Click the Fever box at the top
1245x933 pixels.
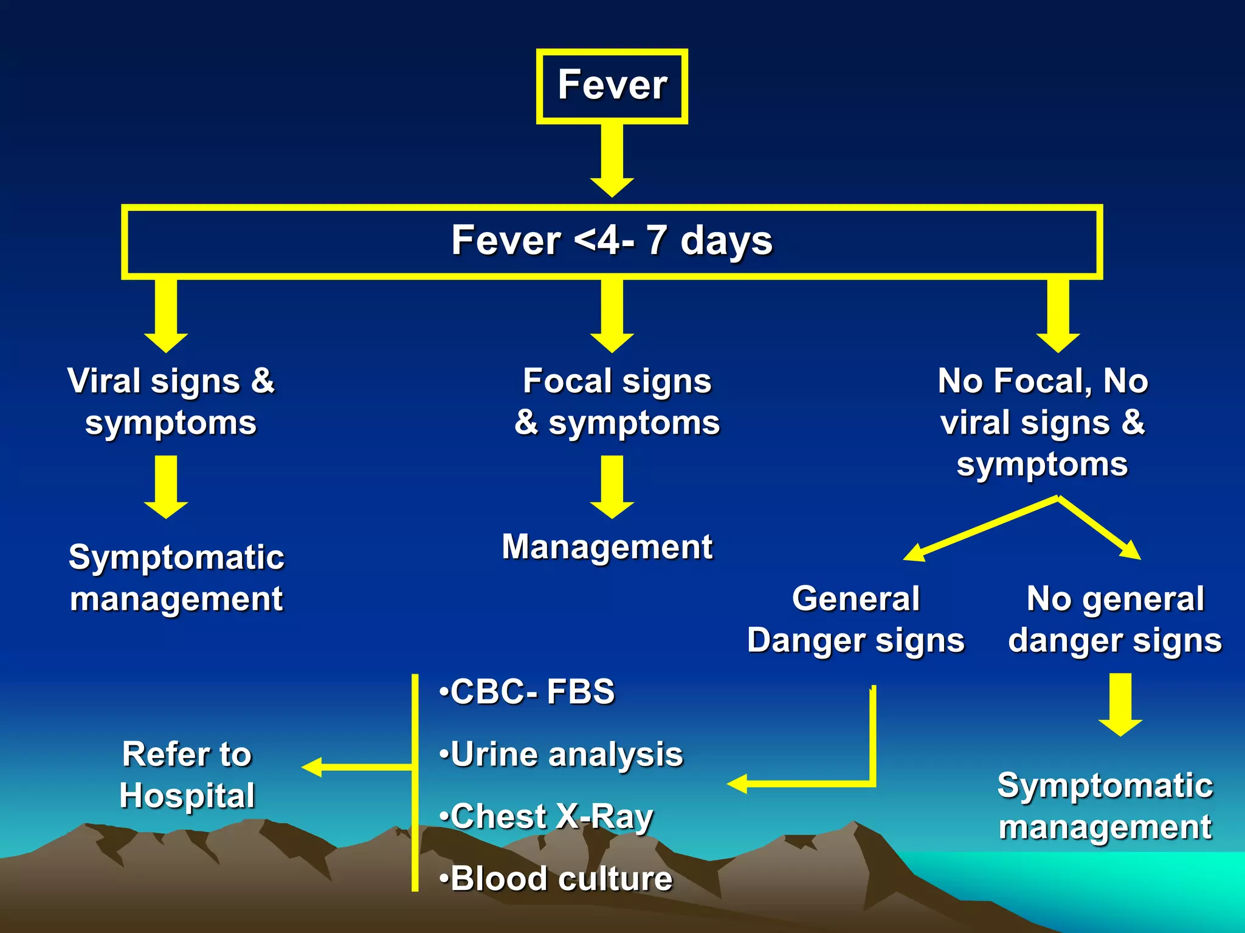tap(612, 86)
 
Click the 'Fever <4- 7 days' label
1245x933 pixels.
tap(612, 241)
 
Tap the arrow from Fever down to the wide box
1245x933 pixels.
tap(612, 159)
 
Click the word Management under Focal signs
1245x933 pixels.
tap(607, 547)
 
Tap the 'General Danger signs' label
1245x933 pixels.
tap(856, 620)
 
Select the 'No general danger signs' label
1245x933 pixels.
tap(1115, 620)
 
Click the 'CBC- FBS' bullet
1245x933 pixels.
tap(527, 692)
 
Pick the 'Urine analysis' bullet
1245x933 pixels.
tap(561, 754)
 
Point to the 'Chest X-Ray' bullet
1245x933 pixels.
tap(546, 816)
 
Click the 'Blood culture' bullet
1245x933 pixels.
tap(556, 879)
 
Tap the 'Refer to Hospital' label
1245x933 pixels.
tap(187, 774)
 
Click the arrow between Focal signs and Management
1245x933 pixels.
tap(612, 487)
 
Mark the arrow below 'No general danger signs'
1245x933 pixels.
tap(1120, 704)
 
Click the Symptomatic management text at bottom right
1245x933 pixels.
tap(1105, 806)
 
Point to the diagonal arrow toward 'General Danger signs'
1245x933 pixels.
tap(979, 528)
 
